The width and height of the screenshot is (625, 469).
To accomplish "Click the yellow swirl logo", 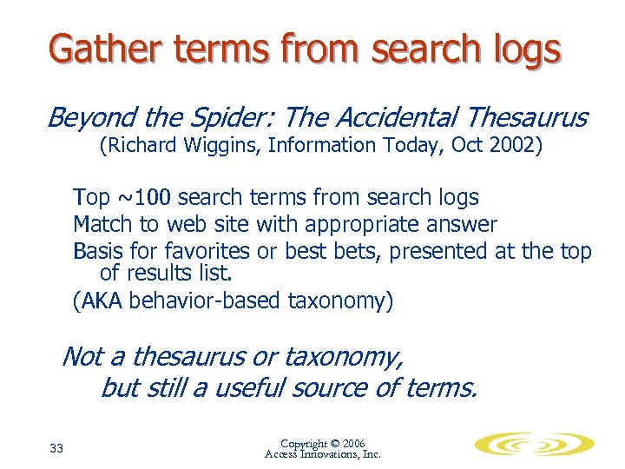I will tap(534, 446).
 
